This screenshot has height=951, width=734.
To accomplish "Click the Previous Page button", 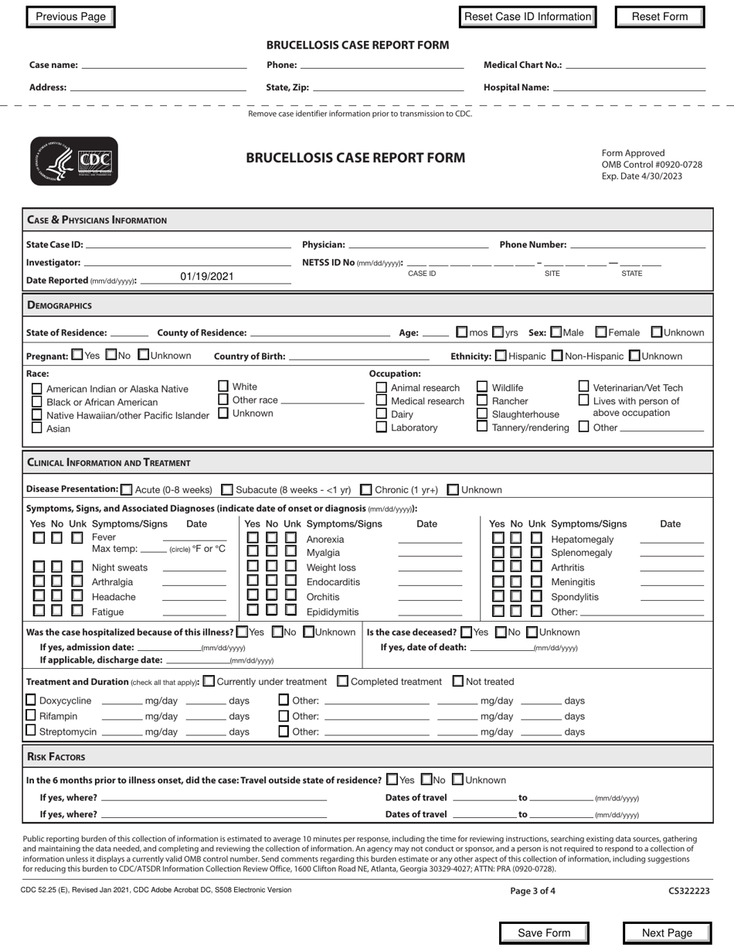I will point(70,17).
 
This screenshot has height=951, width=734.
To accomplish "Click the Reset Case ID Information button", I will point(528,17).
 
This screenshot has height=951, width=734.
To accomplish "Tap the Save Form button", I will point(544,933).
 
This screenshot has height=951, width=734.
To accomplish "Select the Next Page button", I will point(667,933).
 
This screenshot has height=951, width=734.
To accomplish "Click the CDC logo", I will point(74,161).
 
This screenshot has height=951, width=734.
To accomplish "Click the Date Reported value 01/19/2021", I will point(206,277).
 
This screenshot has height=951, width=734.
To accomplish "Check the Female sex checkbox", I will point(601,332).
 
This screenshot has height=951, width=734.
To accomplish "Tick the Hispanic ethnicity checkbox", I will point(501,356).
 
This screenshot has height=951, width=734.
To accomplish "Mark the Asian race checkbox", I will point(36,428).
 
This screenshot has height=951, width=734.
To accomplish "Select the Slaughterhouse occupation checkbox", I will point(482,414).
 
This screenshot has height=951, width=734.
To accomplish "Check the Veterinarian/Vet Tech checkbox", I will point(584,386).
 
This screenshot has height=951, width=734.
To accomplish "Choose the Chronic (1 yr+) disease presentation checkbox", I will point(366,489).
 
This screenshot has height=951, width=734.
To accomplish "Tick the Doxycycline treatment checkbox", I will point(31,700).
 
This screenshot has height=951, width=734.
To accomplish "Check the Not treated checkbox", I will point(458,681).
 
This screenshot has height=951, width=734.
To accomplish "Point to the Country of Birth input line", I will point(359,357).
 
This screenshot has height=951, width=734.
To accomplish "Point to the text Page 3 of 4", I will point(532,891).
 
